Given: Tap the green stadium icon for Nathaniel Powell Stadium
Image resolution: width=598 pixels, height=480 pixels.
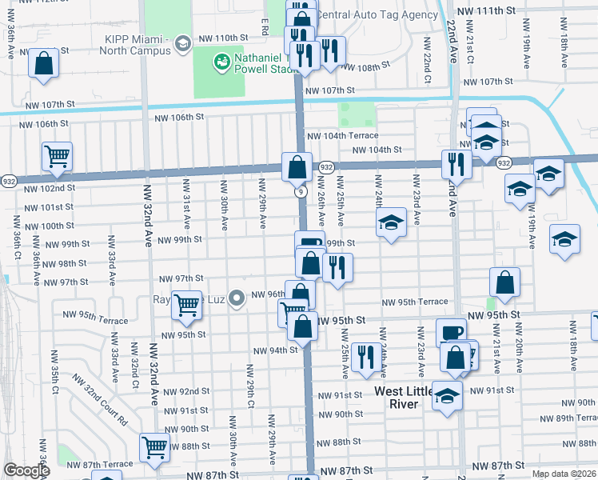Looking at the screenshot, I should (221, 60).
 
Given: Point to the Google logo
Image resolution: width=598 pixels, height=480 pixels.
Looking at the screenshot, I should (26, 470).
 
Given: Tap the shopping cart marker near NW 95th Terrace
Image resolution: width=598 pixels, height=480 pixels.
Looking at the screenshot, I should (186, 304).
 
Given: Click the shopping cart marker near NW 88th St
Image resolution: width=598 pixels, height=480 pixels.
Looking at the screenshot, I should (153, 446).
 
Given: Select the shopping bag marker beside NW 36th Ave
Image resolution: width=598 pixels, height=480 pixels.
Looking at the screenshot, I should (44, 62).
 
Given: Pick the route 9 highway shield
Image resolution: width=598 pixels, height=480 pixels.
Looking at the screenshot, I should (300, 192).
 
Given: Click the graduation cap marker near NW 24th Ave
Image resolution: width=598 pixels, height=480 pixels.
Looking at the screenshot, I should (392, 223).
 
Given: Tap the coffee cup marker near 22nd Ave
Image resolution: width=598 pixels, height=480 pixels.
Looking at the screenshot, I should (451, 332).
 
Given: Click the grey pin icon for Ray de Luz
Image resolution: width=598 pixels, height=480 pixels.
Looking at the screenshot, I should (236, 300).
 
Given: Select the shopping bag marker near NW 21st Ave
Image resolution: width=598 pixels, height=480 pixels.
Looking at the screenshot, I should (505, 282).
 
